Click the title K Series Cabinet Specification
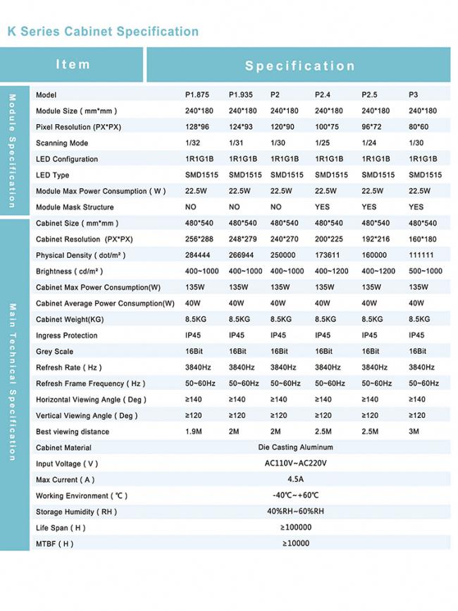coord(103,32)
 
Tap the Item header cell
coord(73,64)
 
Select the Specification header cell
coord(299,66)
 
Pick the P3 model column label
coord(414,94)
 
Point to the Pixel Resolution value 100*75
coord(326,127)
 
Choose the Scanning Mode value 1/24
coord(369,142)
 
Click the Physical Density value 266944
coord(242,255)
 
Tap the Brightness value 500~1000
coord(425,271)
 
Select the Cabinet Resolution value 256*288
coord(199,240)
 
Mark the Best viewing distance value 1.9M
coord(194,431)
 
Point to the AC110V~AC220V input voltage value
coord(295,464)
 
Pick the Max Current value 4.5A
coord(295,479)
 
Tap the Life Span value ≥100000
coord(295,527)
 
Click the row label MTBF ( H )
coord(54,543)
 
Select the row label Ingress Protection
coord(67,335)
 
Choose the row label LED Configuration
coord(67,159)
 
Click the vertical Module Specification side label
coord(12,150)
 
